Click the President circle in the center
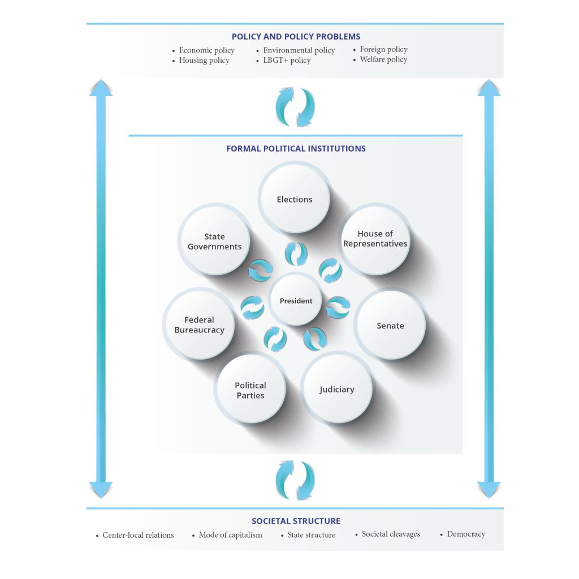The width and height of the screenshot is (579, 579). tap(296, 300)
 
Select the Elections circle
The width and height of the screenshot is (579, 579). tap(295, 198)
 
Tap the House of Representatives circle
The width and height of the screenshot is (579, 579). tap(375, 239)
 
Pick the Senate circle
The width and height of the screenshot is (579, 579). tap(390, 325)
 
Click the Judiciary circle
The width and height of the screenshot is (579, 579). tap(337, 389)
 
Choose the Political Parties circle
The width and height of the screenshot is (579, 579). tap(250, 390)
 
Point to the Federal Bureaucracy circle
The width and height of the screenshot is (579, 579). tap(199, 325)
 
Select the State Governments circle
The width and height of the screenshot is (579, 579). tap(214, 241)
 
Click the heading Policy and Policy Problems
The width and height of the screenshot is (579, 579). tap(296, 37)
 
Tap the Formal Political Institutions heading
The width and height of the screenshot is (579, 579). tap(296, 149)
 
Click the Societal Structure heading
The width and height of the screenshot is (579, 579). tap(296, 521)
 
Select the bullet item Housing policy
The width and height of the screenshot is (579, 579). tap(204, 61)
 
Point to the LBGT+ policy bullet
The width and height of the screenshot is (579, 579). tap(287, 61)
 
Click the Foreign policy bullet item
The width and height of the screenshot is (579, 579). tap(383, 49)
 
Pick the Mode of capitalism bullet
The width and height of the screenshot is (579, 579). tap(230, 535)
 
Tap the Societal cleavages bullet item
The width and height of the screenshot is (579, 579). tap(391, 534)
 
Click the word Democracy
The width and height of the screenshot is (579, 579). tap(466, 534)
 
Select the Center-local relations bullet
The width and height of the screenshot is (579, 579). tap(138, 535)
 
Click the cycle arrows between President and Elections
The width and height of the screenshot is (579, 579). tap(296, 254)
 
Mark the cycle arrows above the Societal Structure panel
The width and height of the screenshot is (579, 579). tap(295, 480)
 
